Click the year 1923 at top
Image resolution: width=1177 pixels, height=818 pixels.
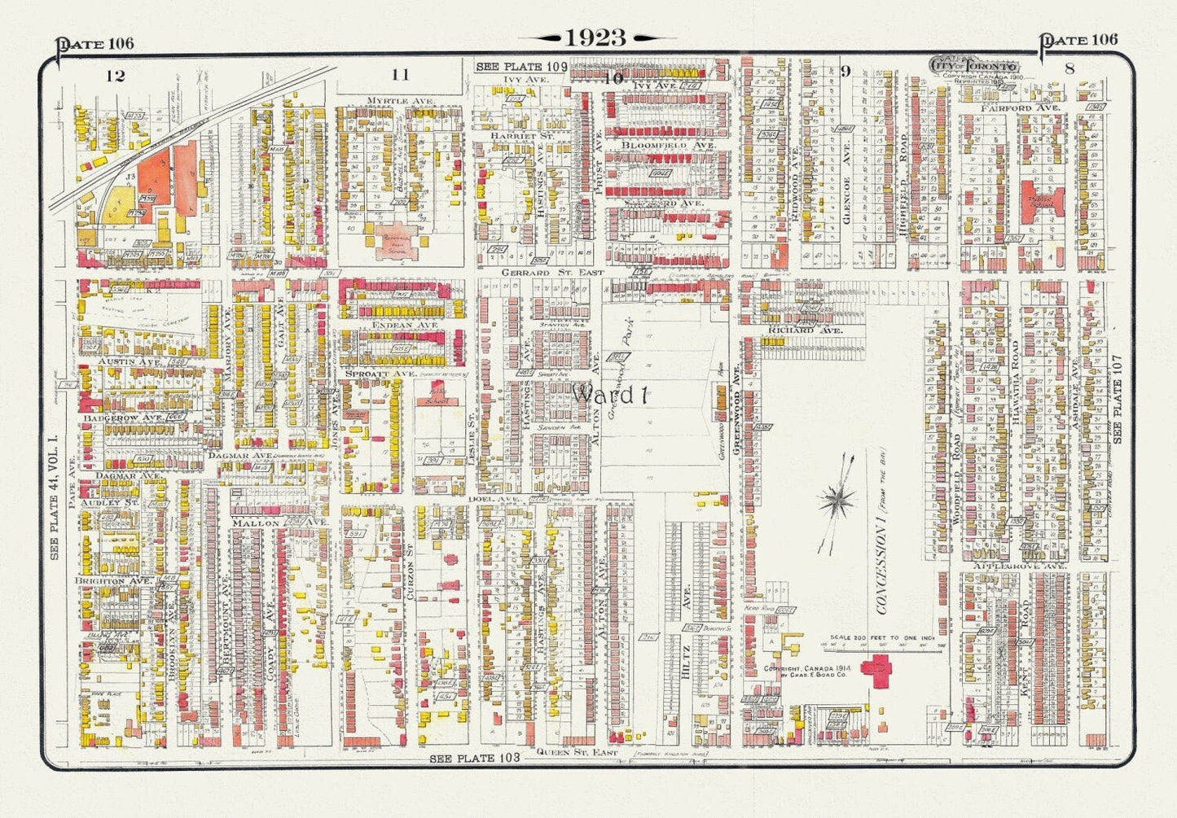click(595, 37)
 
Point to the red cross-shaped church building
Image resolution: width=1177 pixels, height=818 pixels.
click(881, 669)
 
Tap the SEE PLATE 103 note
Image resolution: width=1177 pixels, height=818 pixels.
click(475, 758)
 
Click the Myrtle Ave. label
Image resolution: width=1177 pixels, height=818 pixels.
click(390, 100)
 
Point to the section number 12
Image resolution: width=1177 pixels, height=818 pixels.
click(115, 76)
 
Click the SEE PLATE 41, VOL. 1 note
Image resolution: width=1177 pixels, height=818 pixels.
click(55, 496)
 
